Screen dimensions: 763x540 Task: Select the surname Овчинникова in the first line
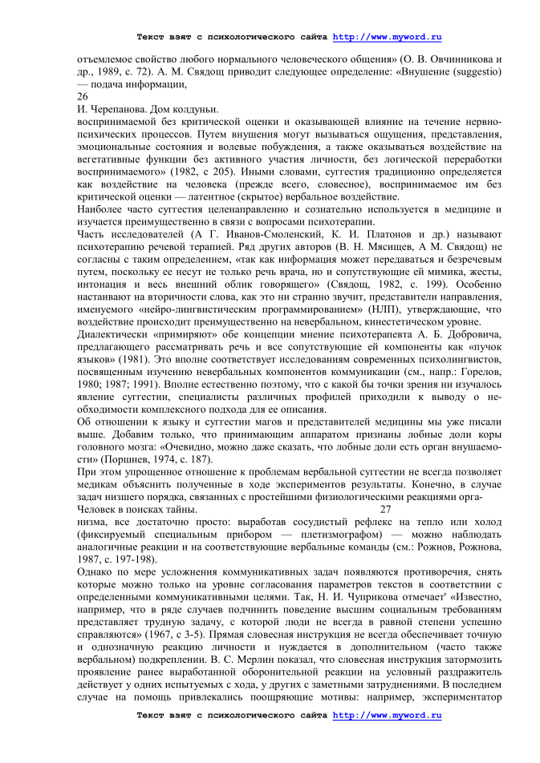[457, 59]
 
